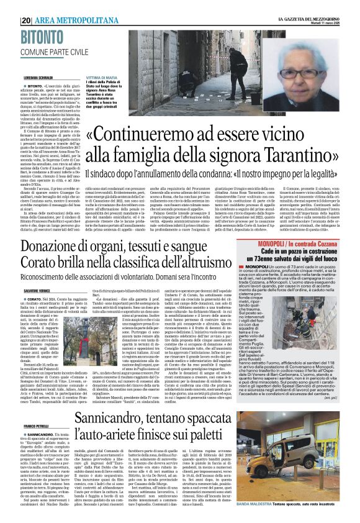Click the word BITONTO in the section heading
coord(45,38)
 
